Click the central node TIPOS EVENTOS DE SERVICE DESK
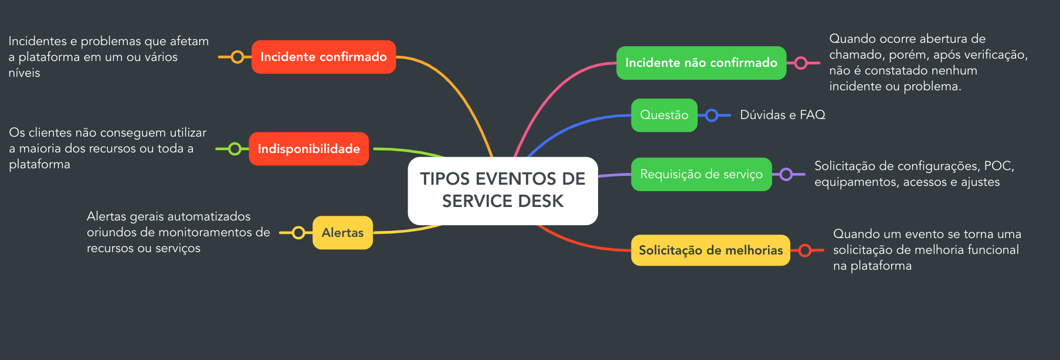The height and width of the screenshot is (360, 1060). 502,190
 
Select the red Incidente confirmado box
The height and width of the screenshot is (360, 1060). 324,57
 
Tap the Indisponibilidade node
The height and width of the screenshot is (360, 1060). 308,149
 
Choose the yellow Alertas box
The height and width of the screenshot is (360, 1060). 342,233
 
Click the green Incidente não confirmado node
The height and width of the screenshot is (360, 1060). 701,63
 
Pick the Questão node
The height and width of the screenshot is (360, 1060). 664,115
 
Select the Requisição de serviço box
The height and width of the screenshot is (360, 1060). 701,174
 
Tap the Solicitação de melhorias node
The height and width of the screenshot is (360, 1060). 711,250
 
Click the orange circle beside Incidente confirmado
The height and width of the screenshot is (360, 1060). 237,57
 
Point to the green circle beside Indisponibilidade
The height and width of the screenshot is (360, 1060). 235,149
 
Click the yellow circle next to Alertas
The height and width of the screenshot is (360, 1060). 298,233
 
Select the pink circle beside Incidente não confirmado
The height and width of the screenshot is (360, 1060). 801,63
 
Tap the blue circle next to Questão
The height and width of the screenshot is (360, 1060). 712,115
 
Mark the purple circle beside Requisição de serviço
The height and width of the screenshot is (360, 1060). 786,174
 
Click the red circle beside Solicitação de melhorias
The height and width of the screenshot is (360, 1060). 805,250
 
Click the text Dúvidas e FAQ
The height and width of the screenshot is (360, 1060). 782,115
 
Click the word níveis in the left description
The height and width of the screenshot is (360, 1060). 24,73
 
